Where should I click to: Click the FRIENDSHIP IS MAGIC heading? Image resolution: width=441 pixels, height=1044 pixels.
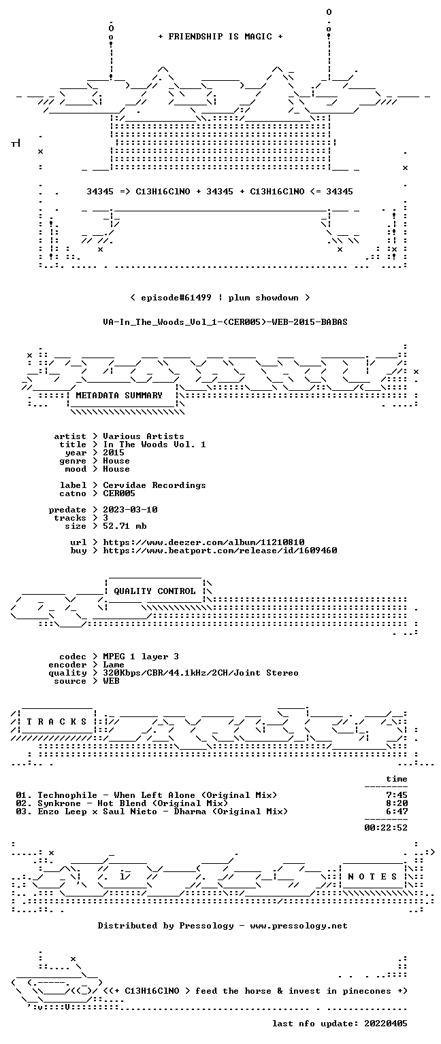pyautogui.click(x=220, y=36)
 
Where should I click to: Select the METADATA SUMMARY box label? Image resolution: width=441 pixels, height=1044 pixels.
pyautogui.click(x=119, y=395)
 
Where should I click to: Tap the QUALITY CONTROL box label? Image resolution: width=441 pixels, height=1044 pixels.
pyautogui.click(x=155, y=591)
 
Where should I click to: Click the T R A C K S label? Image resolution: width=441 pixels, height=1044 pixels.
pyautogui.click(x=57, y=721)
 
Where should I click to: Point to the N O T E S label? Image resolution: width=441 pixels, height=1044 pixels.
pyautogui.click(x=372, y=876)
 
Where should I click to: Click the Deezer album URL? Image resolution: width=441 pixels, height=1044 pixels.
pyautogui.click(x=204, y=542)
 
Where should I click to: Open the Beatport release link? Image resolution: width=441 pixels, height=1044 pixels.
pyautogui.click(x=220, y=551)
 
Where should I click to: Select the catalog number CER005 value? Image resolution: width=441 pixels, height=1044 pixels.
pyautogui.click(x=119, y=493)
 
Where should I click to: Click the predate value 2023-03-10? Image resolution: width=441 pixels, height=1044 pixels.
pyautogui.click(x=130, y=509)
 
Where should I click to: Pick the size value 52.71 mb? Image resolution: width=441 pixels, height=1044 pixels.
pyautogui.click(x=125, y=525)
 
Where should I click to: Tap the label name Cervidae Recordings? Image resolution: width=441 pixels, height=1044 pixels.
pyautogui.click(x=154, y=485)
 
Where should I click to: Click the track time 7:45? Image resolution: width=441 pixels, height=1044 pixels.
pyautogui.click(x=397, y=795)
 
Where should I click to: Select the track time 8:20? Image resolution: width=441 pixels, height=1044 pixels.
pyautogui.click(x=397, y=803)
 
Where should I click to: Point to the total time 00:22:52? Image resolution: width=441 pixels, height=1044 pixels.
pyautogui.click(x=386, y=828)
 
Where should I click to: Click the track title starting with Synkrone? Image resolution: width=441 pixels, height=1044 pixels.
pyautogui.click(x=133, y=803)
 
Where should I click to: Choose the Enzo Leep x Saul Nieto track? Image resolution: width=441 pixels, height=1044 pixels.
pyautogui.click(x=163, y=812)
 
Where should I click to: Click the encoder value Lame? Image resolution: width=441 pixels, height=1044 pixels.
pyautogui.click(x=114, y=665)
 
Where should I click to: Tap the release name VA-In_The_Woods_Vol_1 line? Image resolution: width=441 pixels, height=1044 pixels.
pyautogui.click(x=225, y=322)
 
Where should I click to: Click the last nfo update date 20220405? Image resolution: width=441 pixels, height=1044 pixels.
pyautogui.click(x=386, y=1024)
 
